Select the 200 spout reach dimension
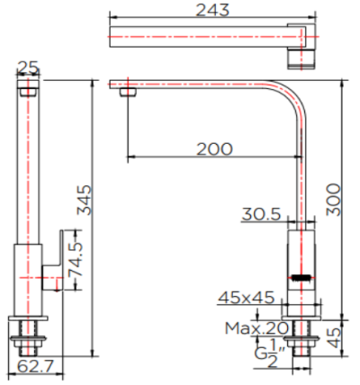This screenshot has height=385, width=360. [212, 148]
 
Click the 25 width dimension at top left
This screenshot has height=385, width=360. [28, 67]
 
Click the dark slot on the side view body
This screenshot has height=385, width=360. [303, 276]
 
